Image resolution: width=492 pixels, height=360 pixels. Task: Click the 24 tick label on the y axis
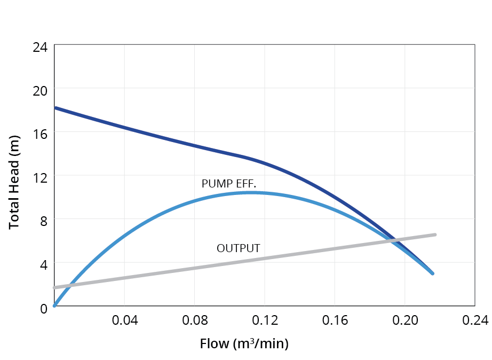coord(40,47)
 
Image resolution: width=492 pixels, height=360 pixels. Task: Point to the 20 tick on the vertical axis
coord(40,90)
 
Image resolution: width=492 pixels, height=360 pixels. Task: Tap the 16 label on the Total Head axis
coord(40,134)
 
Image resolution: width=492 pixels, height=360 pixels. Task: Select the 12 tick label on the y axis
coord(40,177)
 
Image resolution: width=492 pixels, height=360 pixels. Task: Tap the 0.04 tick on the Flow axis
coord(124,320)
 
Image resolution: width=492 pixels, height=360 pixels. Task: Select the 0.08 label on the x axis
coord(194,320)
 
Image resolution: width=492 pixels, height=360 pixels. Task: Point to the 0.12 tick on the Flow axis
coord(264,320)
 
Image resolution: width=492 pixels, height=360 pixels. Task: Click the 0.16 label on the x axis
coord(334,320)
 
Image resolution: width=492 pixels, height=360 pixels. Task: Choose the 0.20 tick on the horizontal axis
coord(404,320)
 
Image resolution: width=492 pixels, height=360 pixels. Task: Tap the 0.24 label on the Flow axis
coord(474,320)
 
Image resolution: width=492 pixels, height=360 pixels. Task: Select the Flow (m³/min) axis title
coord(244,343)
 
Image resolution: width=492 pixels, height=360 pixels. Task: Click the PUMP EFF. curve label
coord(229,184)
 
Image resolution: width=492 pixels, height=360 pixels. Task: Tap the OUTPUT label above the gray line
coord(238,248)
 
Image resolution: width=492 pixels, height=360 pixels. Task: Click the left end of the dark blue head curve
coord(55,108)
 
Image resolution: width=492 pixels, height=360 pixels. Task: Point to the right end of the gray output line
coord(435,234)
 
